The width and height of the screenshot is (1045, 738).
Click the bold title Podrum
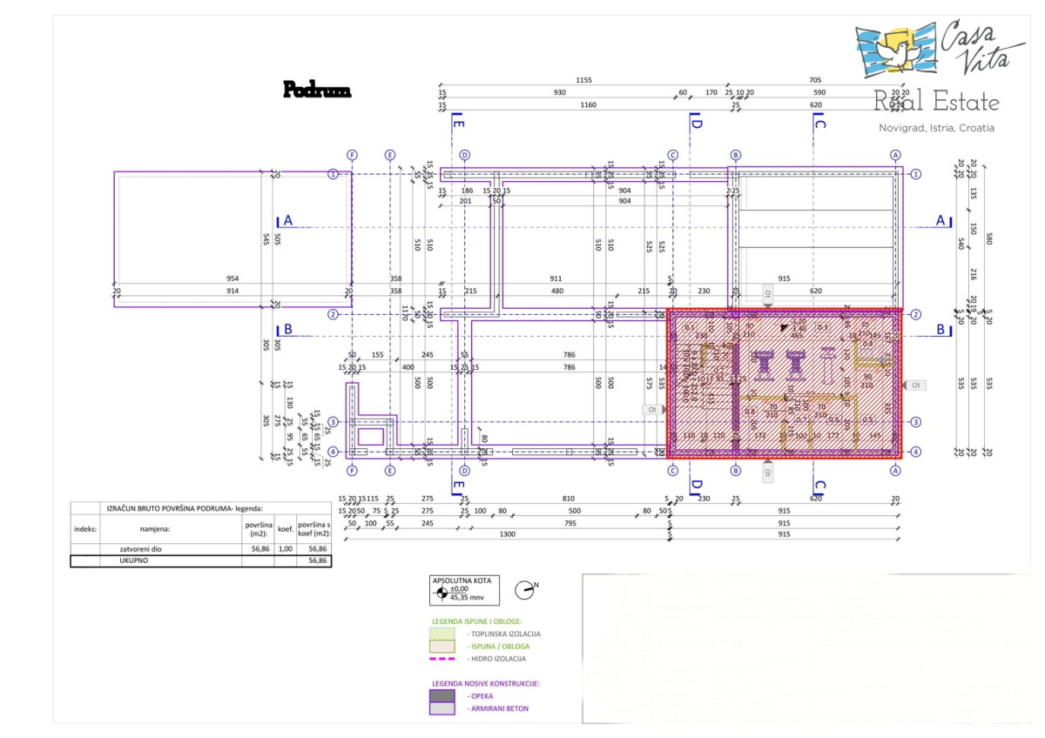(x=317, y=90)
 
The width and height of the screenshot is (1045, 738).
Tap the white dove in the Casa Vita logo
(x=898, y=50)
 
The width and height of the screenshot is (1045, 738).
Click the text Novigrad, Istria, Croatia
(x=936, y=128)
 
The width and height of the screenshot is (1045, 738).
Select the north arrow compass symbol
(x=524, y=589)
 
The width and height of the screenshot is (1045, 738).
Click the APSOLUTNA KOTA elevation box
(x=464, y=589)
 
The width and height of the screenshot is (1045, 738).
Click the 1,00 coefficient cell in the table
(x=285, y=549)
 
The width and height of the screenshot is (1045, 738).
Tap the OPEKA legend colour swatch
(x=442, y=695)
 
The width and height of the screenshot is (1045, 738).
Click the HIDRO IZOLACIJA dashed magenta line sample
(x=442, y=658)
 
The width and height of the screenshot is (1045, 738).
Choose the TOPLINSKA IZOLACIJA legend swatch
(x=442, y=634)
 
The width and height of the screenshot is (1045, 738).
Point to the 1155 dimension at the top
(x=583, y=80)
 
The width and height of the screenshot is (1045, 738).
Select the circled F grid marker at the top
(x=352, y=155)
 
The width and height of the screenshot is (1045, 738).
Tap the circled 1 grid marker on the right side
(x=916, y=174)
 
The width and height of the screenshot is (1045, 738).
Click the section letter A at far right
(x=940, y=221)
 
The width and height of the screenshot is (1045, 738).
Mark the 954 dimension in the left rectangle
(x=232, y=278)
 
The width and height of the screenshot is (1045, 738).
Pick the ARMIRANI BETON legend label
(x=498, y=708)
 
